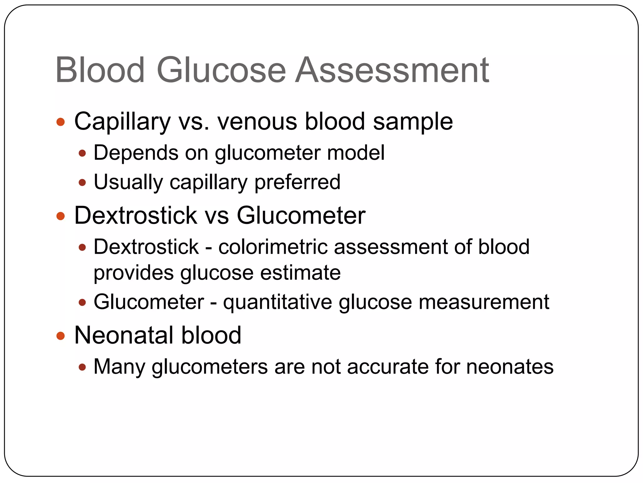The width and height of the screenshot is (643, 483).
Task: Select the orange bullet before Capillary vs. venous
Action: coord(60,122)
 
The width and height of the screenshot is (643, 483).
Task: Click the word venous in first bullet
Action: coord(257,122)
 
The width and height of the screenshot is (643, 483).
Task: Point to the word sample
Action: coord(413,122)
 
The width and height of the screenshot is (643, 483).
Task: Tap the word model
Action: coord(355,153)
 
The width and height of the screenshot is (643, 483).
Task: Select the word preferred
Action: coord(297,182)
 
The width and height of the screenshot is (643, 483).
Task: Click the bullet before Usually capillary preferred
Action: coord(82,182)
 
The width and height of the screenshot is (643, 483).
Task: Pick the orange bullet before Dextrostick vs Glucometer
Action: coord(60,216)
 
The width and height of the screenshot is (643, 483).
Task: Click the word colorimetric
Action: coord(273,247)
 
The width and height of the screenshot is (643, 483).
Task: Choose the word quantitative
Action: coord(278,303)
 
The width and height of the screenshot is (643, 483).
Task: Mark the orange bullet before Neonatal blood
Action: coord(60,336)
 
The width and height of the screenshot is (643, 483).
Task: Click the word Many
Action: coord(119,367)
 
